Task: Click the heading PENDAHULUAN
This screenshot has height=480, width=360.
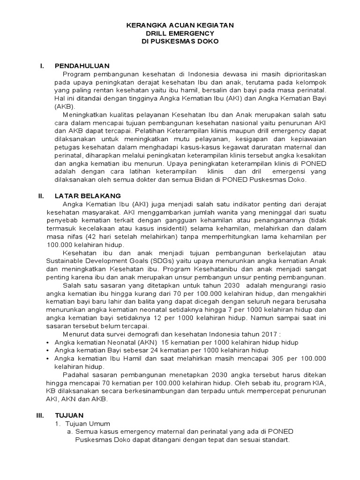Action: coord(82,66)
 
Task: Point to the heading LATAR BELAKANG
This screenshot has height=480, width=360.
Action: coord(88,195)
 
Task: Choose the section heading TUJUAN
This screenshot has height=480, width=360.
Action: coord(69,415)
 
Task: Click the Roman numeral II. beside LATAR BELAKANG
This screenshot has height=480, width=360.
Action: coord(41,195)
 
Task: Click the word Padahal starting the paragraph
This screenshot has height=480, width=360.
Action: coord(75,375)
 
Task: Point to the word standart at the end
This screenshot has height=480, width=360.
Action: coord(275,440)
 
